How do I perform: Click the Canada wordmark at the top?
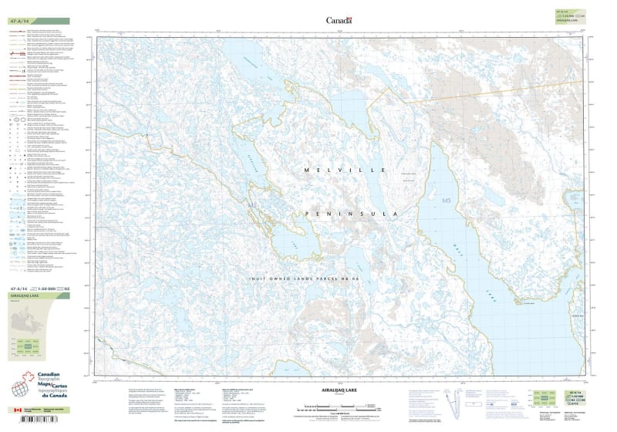[x=339, y=21]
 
